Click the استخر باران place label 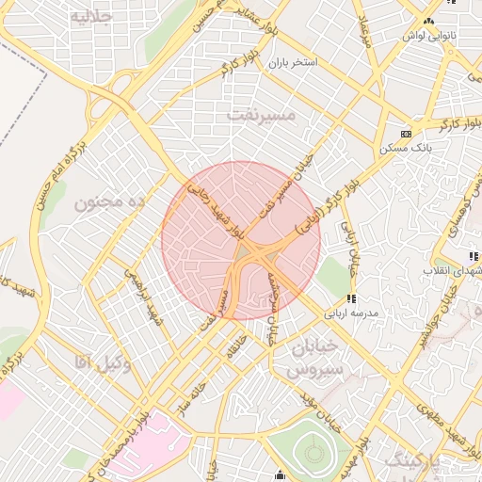point(292,62)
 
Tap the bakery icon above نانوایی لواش point(429,21)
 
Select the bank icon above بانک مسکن point(406,135)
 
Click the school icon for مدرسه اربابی point(351,298)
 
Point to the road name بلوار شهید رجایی point(216,209)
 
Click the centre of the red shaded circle point(241,240)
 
